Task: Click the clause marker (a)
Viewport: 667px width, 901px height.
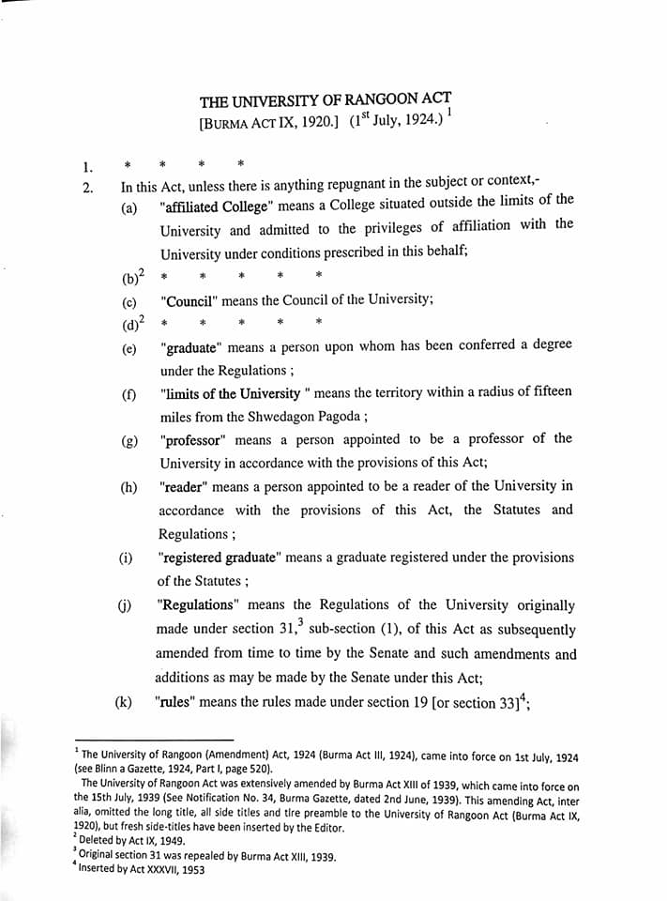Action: [x=129, y=208]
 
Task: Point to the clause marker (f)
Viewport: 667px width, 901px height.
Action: [x=129, y=394]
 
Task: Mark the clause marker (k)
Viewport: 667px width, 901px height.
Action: [x=124, y=702]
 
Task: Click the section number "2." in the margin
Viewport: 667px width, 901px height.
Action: [x=87, y=187]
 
